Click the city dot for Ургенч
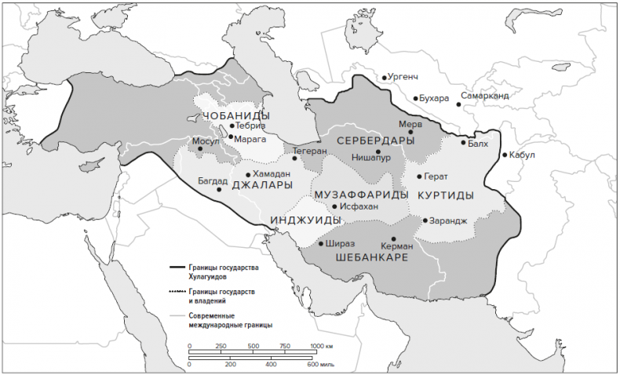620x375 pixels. click(385, 78)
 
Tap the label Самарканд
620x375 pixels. click(485, 96)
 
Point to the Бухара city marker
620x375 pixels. click(416, 99)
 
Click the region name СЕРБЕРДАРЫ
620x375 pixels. click(375, 140)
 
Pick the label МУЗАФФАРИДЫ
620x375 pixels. click(360, 194)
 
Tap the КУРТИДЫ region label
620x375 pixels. click(445, 195)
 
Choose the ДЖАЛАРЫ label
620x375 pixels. click(262, 186)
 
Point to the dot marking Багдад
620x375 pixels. click(219, 189)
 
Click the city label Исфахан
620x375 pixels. click(360, 206)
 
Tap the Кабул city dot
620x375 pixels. click(505, 155)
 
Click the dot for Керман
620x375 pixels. click(394, 238)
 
